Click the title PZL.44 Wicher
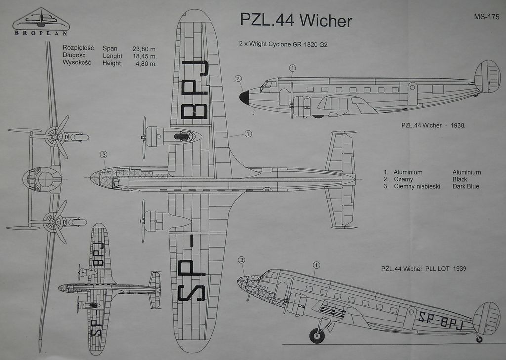(x=296, y=20)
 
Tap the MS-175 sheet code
(x=486, y=17)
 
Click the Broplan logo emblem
(x=41, y=19)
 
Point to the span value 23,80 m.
(x=144, y=49)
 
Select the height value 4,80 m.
(x=146, y=63)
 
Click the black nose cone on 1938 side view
(x=244, y=97)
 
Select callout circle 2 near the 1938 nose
(x=238, y=79)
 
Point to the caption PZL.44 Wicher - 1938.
(x=434, y=125)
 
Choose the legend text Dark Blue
(x=465, y=186)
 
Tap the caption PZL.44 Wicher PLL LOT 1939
(x=423, y=269)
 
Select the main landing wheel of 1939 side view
(x=317, y=335)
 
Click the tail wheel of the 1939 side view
(x=479, y=339)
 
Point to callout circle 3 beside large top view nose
(x=103, y=155)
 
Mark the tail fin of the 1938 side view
(x=487, y=77)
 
